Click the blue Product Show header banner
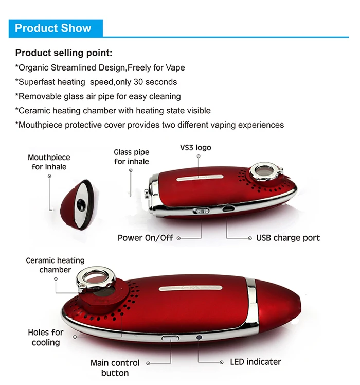coord(56,28)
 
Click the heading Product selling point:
coord(64,53)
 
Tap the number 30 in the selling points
coord(138,82)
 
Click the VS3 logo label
coord(195,148)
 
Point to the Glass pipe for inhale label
coord(132,156)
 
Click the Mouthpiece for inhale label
coord(49,162)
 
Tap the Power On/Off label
coord(145,238)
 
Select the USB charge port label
coord(288,238)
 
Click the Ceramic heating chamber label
coord(55,265)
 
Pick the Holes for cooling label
coord(46,337)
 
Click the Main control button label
coord(115,368)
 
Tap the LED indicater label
coord(256,362)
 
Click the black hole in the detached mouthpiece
coord(81,205)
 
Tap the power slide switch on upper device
coord(201,211)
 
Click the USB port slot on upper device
coord(228,209)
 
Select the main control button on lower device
coord(170,338)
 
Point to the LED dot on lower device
coord(199,337)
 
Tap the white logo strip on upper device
coord(200,178)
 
